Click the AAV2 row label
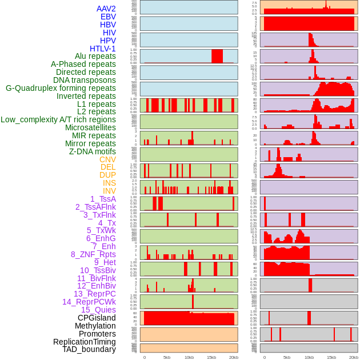tap(106, 9)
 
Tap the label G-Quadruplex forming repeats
tap(61, 89)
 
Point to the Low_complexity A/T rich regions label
tap(58, 119)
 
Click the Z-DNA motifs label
tap(92, 151)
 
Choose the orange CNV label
tap(107, 159)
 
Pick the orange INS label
tap(109, 183)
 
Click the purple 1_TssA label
tap(103, 199)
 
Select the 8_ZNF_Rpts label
tap(93, 254)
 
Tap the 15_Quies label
tap(98, 310)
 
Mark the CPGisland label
tap(97, 318)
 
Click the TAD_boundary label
tap(89, 349)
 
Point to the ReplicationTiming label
tap(85, 342)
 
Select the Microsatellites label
tap(90, 127)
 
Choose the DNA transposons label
tap(85, 80)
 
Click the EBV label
tap(108, 17)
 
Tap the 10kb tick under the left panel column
tap(189, 357)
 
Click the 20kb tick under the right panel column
tap(354, 357)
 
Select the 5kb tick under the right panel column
tap(287, 357)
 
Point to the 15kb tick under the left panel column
tap(211, 357)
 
